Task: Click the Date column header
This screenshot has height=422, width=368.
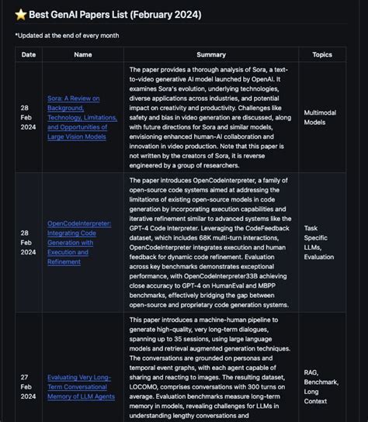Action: click(29, 54)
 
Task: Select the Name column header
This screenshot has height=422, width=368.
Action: click(82, 54)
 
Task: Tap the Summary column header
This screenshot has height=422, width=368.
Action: click(211, 54)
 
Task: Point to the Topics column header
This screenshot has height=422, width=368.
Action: click(322, 54)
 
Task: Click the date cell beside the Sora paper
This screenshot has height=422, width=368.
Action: click(29, 116)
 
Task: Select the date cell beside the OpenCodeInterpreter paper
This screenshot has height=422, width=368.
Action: click(29, 242)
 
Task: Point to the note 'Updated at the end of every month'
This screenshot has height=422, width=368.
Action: click(67, 35)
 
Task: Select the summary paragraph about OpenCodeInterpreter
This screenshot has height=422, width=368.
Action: click(211, 242)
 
